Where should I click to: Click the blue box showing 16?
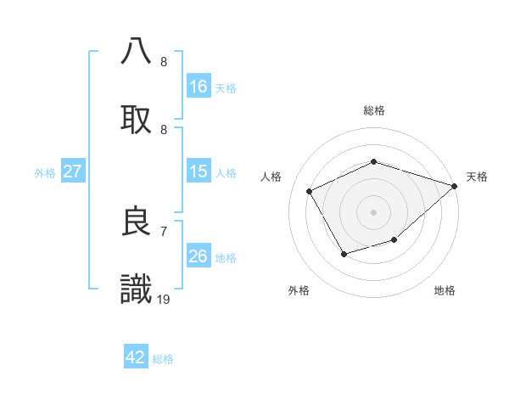(x=199, y=86)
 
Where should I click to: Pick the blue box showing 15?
(x=199, y=171)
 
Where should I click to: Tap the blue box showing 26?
(x=199, y=256)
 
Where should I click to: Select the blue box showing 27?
(x=72, y=171)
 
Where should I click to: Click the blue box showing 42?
(x=136, y=357)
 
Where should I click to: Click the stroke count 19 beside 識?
(x=165, y=298)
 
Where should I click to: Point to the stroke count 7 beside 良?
(x=164, y=230)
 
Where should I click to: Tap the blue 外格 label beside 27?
(x=45, y=172)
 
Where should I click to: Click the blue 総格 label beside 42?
(x=163, y=358)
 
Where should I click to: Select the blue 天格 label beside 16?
(x=226, y=87)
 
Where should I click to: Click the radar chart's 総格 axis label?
(x=374, y=110)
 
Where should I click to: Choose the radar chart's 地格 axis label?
(x=445, y=290)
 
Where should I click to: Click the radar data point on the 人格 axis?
(x=310, y=191)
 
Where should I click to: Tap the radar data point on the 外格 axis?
(x=344, y=254)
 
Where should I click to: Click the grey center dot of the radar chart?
(x=374, y=211)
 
